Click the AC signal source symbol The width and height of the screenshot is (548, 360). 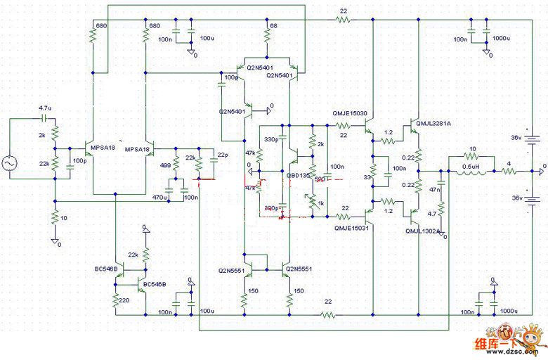(12, 164)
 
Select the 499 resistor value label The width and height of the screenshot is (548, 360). (165, 165)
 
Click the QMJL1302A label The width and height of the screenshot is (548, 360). (422, 231)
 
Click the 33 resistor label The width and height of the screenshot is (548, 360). (367, 178)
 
